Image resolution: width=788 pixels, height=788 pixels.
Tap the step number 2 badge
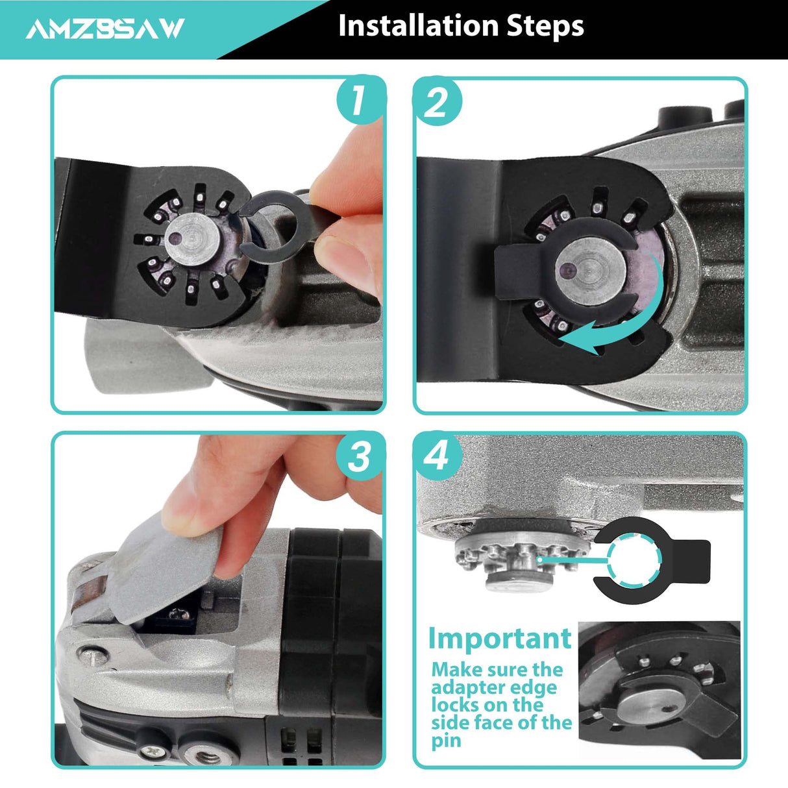pos(437,103)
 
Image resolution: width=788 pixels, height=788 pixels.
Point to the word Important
pos(500,639)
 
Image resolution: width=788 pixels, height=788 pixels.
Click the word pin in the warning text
pos(447,741)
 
